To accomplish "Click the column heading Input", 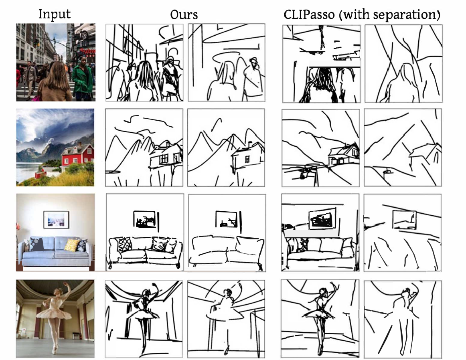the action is [x=55, y=14].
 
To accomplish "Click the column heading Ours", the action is [x=184, y=14].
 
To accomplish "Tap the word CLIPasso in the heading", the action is [x=309, y=14].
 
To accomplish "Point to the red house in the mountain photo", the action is [x=78, y=155].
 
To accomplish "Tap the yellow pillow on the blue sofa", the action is [x=71, y=245].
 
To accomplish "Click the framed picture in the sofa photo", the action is [x=56, y=220].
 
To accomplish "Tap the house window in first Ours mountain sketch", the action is [x=164, y=159].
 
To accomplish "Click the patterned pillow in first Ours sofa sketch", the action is [x=125, y=245].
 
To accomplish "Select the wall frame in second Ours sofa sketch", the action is [x=227, y=219].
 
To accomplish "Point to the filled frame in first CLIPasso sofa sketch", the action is [x=322, y=219].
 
